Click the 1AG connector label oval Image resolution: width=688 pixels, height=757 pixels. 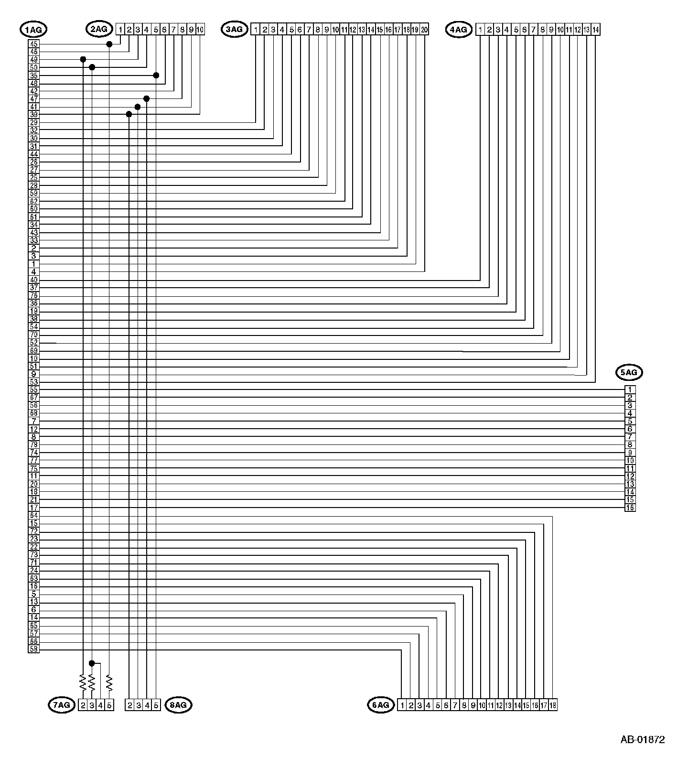(x=33, y=30)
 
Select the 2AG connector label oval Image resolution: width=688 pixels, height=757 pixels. (x=99, y=29)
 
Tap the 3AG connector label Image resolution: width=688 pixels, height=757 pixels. (x=234, y=29)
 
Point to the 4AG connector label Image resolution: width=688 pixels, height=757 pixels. (x=459, y=30)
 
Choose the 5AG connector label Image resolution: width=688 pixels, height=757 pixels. (x=629, y=372)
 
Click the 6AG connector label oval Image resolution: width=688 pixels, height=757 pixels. (x=381, y=705)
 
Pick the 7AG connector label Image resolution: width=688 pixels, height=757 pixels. (x=62, y=705)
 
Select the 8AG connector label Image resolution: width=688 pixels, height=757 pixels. (x=178, y=705)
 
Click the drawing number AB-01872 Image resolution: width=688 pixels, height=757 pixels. (x=642, y=740)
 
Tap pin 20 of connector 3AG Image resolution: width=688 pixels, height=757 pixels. (x=424, y=30)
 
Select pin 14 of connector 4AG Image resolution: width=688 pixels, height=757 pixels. (x=595, y=30)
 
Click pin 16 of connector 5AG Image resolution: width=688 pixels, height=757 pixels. (x=630, y=508)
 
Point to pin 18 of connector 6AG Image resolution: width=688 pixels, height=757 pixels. (x=553, y=705)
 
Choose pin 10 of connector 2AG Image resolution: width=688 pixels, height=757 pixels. (x=200, y=30)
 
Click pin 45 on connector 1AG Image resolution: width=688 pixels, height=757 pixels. (x=33, y=44)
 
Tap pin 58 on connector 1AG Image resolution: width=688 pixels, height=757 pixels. (x=33, y=649)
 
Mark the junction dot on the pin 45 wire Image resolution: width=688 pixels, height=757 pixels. (x=109, y=44)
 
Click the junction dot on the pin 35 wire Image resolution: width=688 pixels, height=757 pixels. (x=156, y=76)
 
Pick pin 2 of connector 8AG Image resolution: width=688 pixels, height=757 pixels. (x=129, y=705)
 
